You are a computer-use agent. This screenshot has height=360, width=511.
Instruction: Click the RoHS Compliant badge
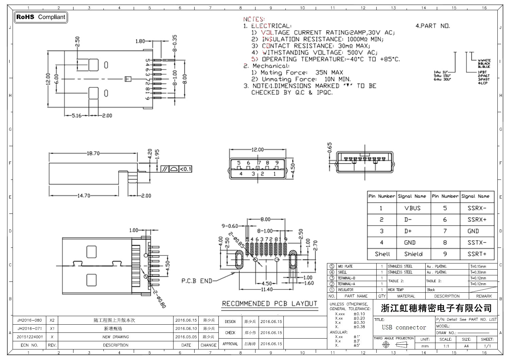coord(40,17)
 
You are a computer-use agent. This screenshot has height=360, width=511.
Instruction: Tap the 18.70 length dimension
coord(93,153)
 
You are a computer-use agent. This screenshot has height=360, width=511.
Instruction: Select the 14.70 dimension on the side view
coord(84,196)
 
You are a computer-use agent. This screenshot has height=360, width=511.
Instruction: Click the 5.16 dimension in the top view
coord(77,116)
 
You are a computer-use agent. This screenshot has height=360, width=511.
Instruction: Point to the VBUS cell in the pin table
coord(412,208)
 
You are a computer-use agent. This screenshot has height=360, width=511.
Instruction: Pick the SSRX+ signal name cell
coord(477,220)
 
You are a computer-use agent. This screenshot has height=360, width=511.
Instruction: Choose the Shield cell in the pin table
coord(413,254)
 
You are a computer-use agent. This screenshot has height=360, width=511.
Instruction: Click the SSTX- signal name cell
coord(477,242)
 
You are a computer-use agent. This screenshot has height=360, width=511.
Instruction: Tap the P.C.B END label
coord(197,281)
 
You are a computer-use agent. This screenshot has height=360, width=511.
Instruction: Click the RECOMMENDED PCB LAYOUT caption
coord(269,304)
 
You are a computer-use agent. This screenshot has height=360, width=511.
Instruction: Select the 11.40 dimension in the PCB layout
coord(266,290)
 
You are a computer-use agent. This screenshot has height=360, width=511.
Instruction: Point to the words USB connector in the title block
coord(404,327)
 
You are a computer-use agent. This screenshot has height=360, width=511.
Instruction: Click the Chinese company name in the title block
coord(436,308)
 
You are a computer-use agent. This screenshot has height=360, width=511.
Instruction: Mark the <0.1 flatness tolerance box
coord(185,169)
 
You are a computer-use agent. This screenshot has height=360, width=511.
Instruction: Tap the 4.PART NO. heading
coord(432,26)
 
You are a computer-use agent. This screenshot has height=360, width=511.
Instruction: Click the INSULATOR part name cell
coord(346,290)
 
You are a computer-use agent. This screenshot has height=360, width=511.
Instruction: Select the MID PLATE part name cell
coord(345,267)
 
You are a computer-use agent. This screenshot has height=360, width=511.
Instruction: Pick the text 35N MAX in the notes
coord(329,72)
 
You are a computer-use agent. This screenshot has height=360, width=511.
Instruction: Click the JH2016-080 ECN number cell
coord(30,320)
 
